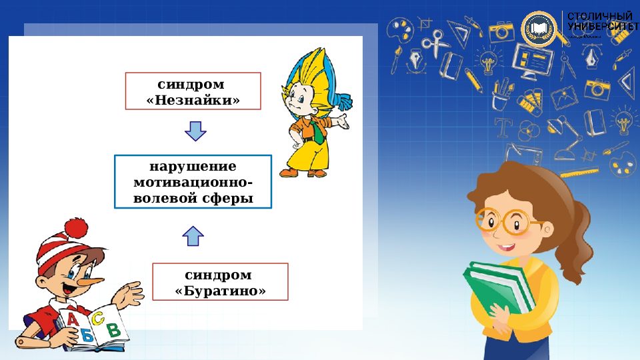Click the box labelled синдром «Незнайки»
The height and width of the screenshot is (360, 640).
pyautogui.click(x=193, y=91)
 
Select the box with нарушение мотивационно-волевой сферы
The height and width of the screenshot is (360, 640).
pyautogui.click(x=193, y=182)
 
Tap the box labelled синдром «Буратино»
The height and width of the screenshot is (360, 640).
pyautogui.click(x=220, y=282)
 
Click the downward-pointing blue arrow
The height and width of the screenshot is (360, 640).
pyautogui.click(x=193, y=131)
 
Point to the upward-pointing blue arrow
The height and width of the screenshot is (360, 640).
pyautogui.click(x=193, y=235)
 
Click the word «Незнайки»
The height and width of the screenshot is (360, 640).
pyautogui.click(x=193, y=100)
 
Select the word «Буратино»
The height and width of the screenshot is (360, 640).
pyautogui.click(x=220, y=291)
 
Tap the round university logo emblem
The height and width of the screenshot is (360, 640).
pyautogui.click(x=539, y=29)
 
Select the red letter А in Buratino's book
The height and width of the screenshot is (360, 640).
pyautogui.click(x=73, y=320)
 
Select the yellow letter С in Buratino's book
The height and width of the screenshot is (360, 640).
pyautogui.click(x=98, y=318)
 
